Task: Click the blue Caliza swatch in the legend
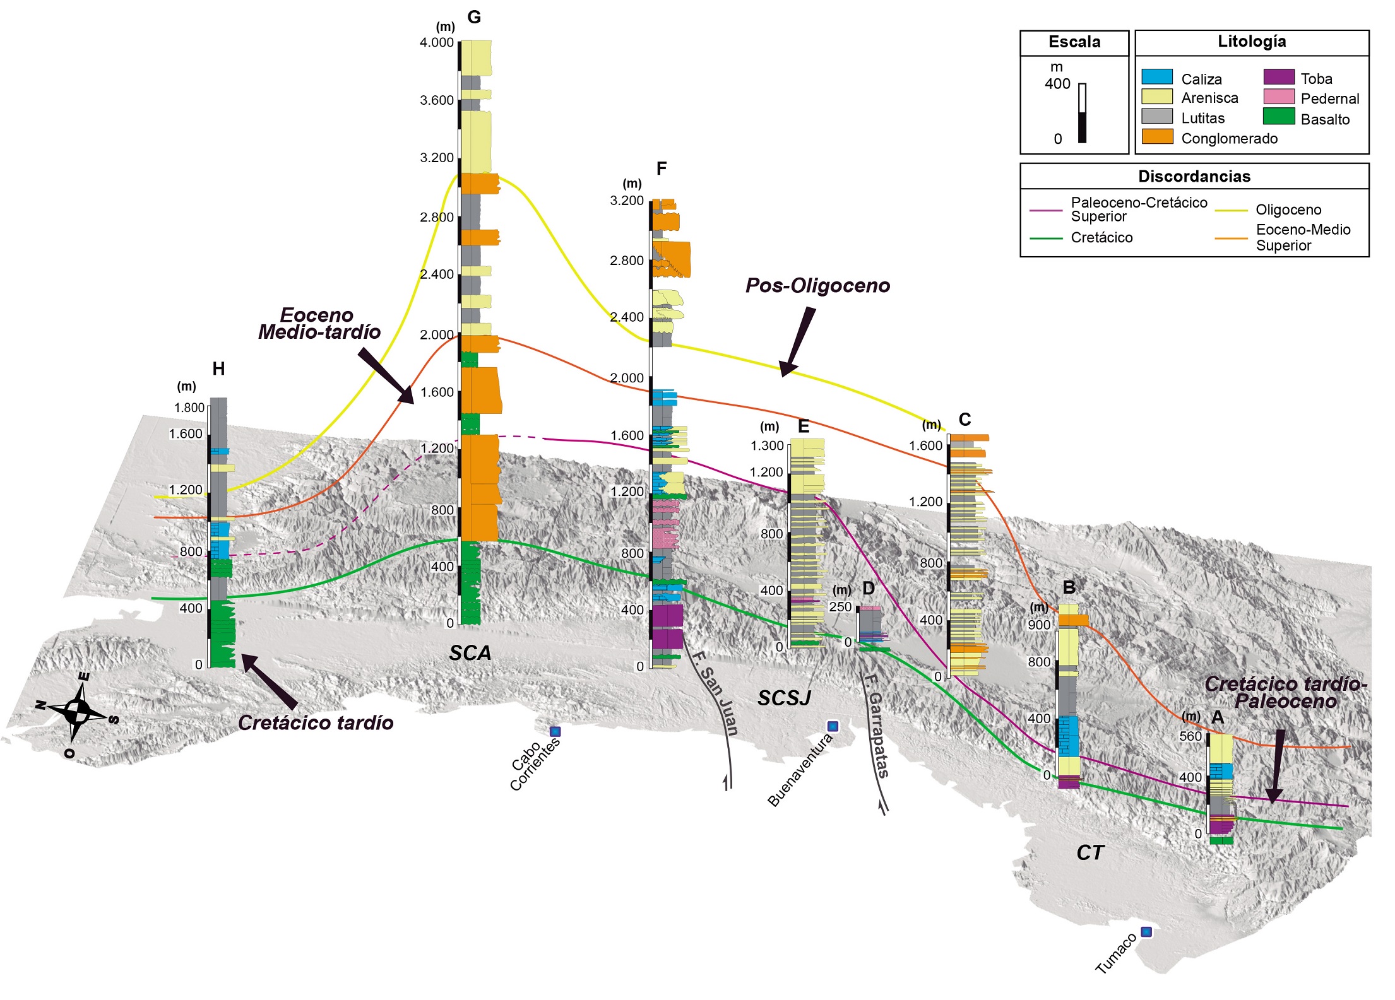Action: tap(1156, 77)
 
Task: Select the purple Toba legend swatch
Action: tap(1278, 77)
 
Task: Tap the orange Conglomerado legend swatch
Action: tap(1156, 137)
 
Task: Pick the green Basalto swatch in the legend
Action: tap(1278, 117)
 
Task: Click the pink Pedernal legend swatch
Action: tap(1278, 97)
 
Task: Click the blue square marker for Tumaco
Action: tap(1146, 931)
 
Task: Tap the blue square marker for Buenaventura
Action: tap(833, 726)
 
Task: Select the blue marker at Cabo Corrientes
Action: tap(555, 731)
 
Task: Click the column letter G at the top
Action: tap(474, 17)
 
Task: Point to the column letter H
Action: tap(218, 369)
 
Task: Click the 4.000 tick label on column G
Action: tap(436, 43)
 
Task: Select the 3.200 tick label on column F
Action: tap(626, 201)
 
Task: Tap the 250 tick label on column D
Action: tap(840, 607)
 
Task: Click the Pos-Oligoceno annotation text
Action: tap(817, 286)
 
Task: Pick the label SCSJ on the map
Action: tap(784, 698)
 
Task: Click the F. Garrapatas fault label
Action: tap(876, 726)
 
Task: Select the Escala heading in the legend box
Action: tap(1074, 42)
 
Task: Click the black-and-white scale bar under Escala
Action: tap(1082, 113)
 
